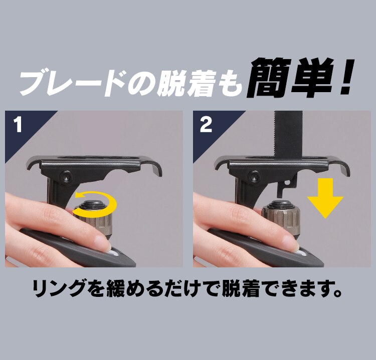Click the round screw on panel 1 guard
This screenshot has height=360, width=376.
(65, 176)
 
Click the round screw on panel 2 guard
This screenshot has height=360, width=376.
(252, 176)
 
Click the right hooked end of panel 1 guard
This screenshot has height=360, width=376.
(158, 170)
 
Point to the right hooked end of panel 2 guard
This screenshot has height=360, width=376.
(345, 170)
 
